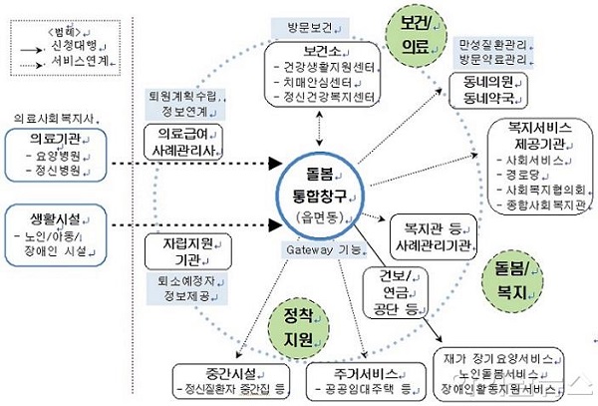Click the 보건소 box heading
click(x=320, y=51)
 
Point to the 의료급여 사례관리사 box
click(x=184, y=140)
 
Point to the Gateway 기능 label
click(x=321, y=248)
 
